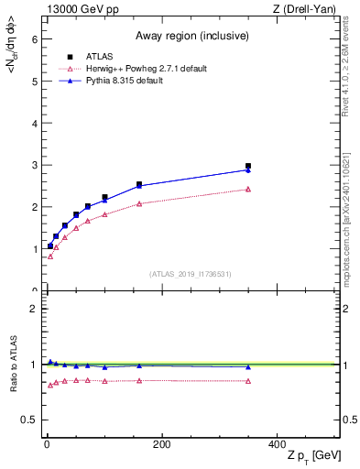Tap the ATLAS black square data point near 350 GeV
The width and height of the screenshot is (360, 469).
pyautogui.click(x=248, y=166)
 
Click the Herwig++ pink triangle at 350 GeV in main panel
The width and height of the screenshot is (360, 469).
pyautogui.click(x=248, y=190)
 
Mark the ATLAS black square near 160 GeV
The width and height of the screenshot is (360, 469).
pyautogui.click(x=139, y=184)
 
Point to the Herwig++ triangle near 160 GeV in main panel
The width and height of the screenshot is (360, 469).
pyautogui.click(x=139, y=203)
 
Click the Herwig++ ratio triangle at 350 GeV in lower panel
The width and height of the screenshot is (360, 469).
pyautogui.click(x=248, y=381)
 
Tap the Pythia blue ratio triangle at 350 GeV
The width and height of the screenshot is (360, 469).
pyautogui.click(x=248, y=366)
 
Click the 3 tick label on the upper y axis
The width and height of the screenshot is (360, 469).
pyautogui.click(x=33, y=166)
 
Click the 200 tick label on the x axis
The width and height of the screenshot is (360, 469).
pyautogui.click(x=161, y=443)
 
